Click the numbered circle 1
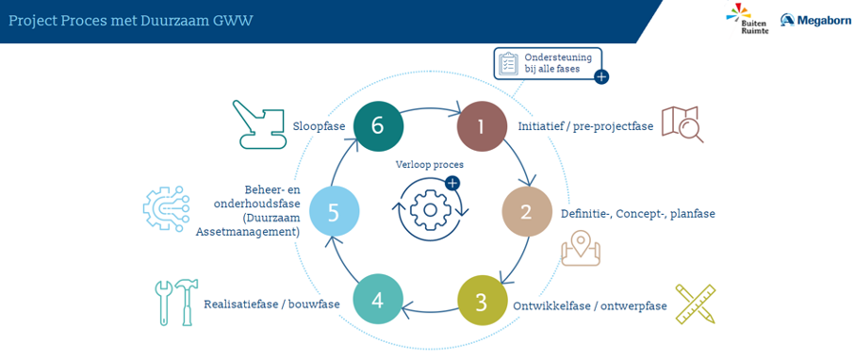coord(482,126)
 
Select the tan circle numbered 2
coord(526,212)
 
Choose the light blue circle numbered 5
coord(334,212)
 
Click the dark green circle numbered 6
coord(378,125)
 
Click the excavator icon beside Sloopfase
coord(259,123)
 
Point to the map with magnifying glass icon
coord(682,124)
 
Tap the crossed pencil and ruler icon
coord(695,303)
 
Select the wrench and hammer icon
coord(176,303)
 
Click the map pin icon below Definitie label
coord(581,248)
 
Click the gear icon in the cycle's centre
coord(430,209)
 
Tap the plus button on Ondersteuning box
coord(601,77)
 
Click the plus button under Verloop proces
coord(452,183)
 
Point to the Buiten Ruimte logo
coord(739,19)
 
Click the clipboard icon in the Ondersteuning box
coord(509,63)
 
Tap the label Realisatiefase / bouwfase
coord(271,303)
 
